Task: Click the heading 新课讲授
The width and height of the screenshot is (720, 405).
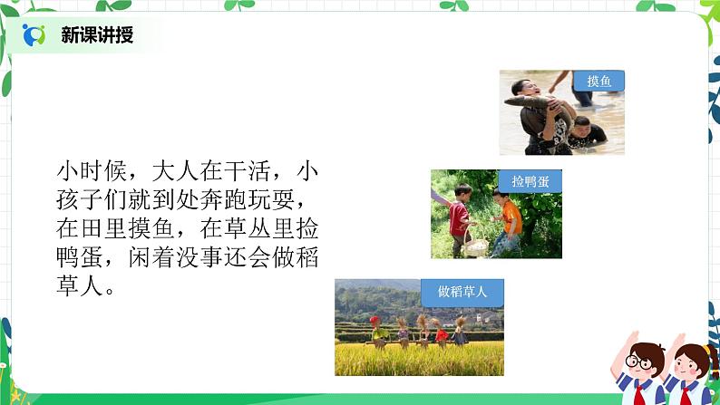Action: point(98,35)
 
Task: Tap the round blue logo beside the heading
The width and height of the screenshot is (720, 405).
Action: point(34,35)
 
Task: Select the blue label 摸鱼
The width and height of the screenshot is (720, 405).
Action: point(599,82)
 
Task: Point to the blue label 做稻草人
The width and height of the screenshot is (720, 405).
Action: point(462,291)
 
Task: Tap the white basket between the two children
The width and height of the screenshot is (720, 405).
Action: point(475,245)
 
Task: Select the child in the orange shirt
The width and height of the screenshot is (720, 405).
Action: point(511,218)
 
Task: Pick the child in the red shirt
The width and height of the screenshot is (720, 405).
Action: point(462,216)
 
